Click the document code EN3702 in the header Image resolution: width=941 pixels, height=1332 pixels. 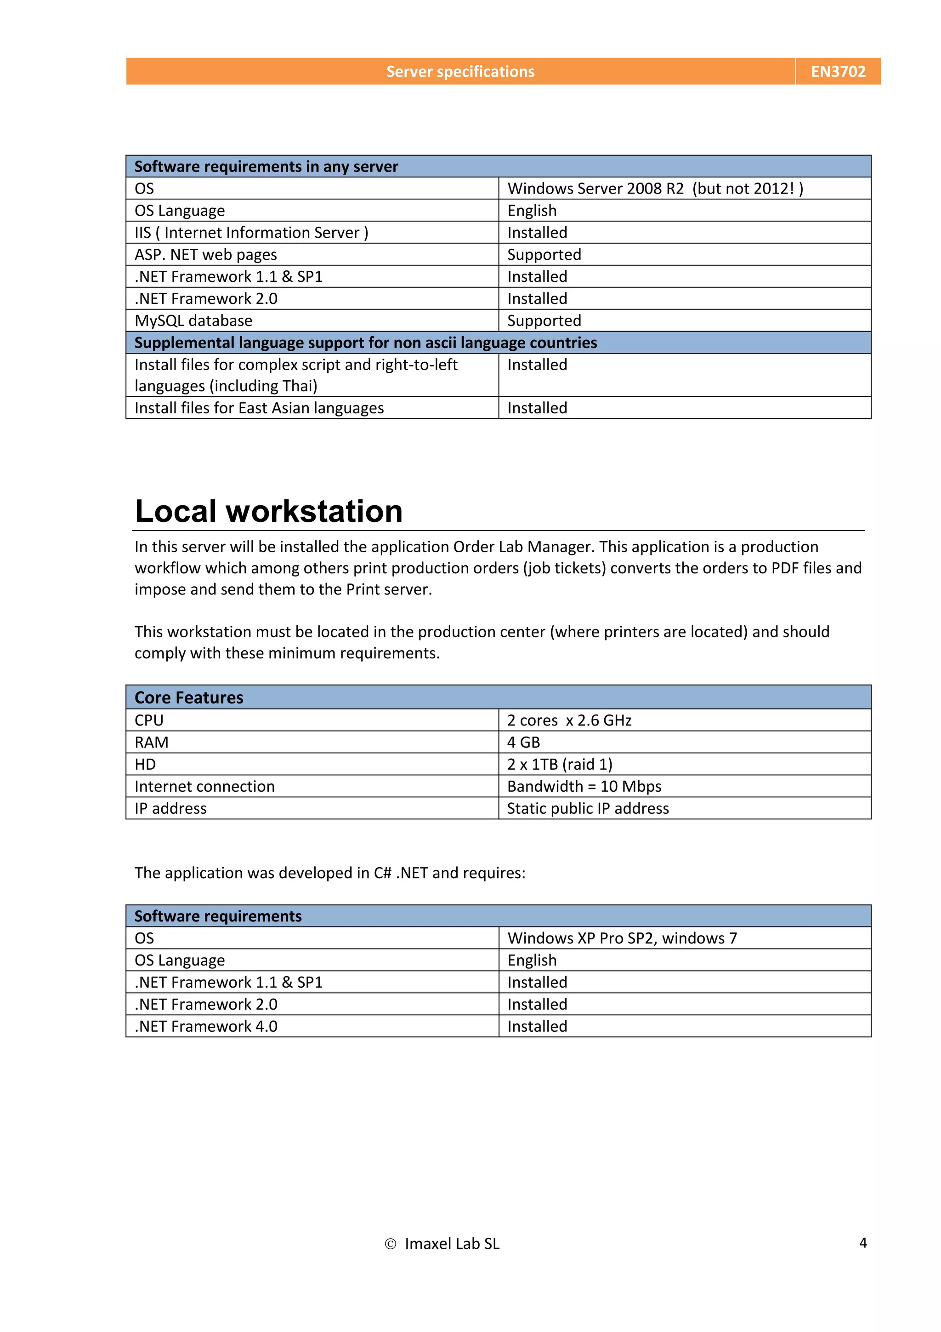tap(838, 71)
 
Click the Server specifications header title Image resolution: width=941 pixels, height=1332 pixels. tap(460, 71)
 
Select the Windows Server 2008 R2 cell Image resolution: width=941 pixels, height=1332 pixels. tap(655, 189)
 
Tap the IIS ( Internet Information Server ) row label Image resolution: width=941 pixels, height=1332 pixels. tap(251, 233)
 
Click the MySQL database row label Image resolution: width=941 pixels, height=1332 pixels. tap(193, 321)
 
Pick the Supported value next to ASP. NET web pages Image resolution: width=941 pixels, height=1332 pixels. tap(544, 255)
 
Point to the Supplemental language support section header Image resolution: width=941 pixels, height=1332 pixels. tap(365, 343)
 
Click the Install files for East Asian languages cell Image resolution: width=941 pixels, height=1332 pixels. tap(259, 408)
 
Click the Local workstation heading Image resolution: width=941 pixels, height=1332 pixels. tap(268, 511)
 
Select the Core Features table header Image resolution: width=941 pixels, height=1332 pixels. tap(189, 697)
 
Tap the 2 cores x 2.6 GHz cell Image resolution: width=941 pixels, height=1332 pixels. tap(569, 720)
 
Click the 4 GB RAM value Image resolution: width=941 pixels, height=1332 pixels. tap(523, 743)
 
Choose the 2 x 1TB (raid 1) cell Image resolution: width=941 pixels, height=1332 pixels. tap(560, 765)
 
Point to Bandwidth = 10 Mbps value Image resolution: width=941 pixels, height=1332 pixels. tap(584, 787)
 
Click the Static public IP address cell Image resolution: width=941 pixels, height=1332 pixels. tap(587, 809)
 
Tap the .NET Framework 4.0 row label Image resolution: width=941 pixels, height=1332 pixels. tap(206, 1027)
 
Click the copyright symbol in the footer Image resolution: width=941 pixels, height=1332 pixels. tap(390, 1244)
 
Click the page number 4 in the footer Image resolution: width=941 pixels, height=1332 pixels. tap(863, 1243)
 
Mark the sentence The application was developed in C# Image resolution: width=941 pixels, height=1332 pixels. tap(329, 873)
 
